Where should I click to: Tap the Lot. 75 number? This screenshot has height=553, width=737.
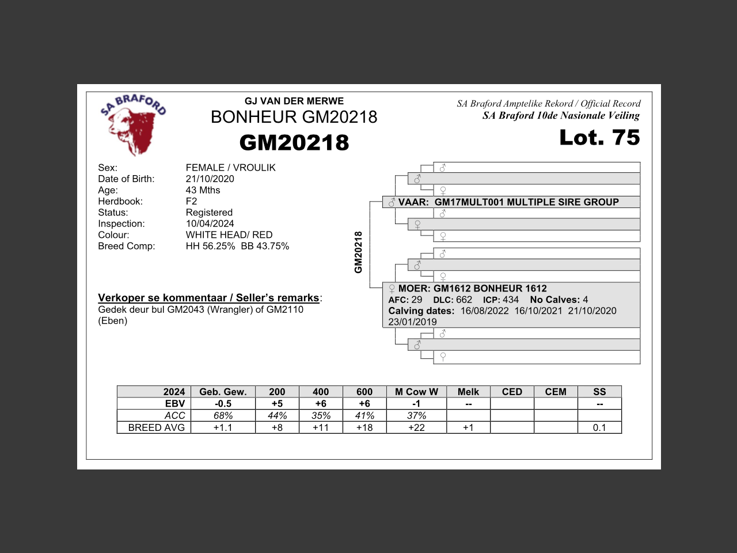coord(599,138)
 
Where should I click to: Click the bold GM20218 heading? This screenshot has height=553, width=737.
coord(294,143)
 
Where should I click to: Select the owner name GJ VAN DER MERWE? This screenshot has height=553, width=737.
coord(294,101)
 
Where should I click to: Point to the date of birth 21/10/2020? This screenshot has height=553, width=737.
coord(210,179)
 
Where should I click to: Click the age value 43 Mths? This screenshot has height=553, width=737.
coord(203,190)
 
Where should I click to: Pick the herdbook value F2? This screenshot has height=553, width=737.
coord(191,202)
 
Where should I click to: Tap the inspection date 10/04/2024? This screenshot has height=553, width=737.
coord(210,224)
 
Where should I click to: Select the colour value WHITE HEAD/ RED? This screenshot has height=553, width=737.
coord(229,235)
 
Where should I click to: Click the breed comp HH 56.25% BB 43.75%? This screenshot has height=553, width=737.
coord(237,246)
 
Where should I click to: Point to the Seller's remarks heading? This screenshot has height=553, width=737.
coord(209,298)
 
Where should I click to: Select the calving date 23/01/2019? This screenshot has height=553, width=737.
coord(412,322)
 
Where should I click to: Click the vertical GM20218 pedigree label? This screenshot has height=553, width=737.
coord(358,252)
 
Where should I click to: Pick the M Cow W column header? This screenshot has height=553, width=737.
coord(416,392)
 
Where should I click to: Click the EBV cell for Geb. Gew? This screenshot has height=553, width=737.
coord(223,404)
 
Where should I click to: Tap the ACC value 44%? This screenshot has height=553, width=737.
coord(277,416)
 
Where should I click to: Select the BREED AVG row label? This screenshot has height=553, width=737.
coord(156,427)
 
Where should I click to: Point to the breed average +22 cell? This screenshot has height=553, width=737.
coord(416,427)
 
